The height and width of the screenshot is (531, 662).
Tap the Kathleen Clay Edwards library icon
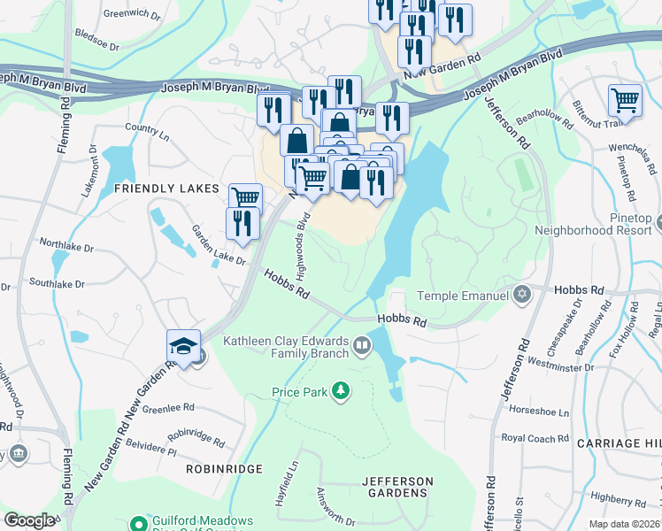[361, 345]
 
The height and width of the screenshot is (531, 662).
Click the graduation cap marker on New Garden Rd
[183, 348]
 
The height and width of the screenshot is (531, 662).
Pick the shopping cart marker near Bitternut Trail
[625, 101]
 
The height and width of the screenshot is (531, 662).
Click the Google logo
[29, 520]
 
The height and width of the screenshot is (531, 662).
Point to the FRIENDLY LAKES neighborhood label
[165, 189]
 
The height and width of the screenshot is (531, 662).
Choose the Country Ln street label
[147, 127]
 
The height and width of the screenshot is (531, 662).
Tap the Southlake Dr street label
[56, 284]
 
